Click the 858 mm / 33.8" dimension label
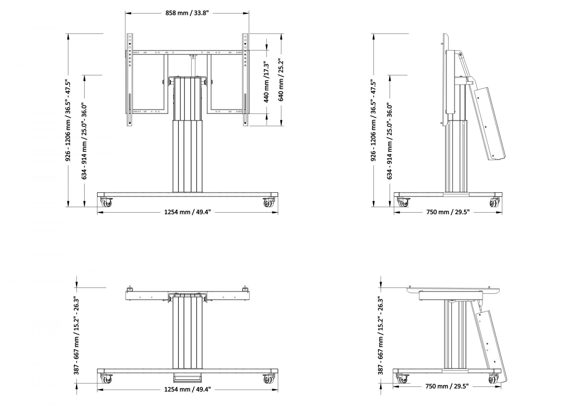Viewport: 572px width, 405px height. click(187, 13)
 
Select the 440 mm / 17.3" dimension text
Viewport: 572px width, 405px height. click(266, 82)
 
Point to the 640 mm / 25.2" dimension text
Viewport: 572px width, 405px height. click(281, 80)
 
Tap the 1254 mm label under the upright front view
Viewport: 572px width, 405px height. click(187, 212)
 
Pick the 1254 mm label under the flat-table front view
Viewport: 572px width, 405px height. click(187, 389)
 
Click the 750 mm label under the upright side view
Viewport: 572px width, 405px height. click(448, 212)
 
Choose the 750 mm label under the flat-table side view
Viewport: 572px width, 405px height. click(447, 386)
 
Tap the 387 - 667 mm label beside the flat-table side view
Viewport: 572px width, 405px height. click(380, 335)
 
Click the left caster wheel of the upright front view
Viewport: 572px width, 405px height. click(106, 203)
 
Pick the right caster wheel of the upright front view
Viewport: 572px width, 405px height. click(269, 203)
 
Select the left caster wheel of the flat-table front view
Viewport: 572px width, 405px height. click(106, 379)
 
